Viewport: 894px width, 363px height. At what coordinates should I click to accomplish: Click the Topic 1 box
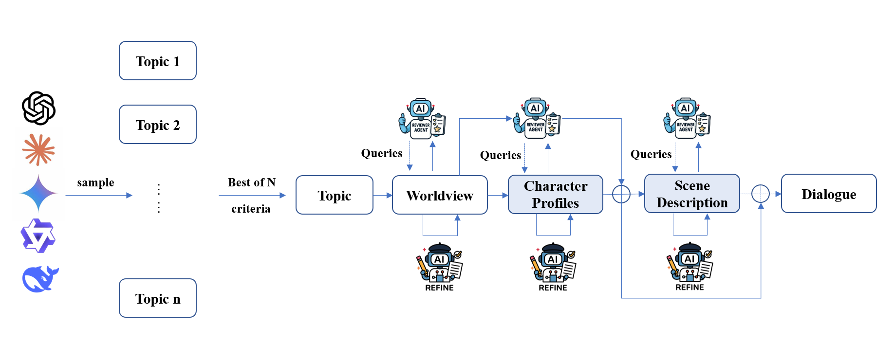click(x=158, y=61)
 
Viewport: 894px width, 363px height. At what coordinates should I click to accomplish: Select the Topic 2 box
click(x=158, y=125)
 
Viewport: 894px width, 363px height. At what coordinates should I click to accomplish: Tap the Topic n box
click(x=158, y=298)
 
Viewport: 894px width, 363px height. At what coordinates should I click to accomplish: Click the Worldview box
click(x=440, y=195)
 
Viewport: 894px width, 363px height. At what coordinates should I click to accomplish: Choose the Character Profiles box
click(x=556, y=195)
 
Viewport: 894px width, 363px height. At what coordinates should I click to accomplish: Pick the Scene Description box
click(x=692, y=194)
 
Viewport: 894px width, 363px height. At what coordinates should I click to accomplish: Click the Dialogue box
click(x=829, y=194)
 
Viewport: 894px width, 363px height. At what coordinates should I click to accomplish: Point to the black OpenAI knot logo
click(x=39, y=108)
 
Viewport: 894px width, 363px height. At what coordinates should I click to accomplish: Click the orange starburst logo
click(x=38, y=149)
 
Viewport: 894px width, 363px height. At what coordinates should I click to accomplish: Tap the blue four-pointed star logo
click(x=38, y=193)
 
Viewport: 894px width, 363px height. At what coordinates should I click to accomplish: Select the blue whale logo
click(x=40, y=279)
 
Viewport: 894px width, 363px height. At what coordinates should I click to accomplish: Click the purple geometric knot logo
click(x=38, y=236)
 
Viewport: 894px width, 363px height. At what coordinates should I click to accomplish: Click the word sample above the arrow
click(x=95, y=182)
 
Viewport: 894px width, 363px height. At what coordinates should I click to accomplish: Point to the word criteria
click(x=251, y=209)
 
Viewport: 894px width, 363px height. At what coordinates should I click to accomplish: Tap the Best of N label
click(x=252, y=182)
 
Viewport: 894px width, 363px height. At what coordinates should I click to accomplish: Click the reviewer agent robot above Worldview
click(x=422, y=119)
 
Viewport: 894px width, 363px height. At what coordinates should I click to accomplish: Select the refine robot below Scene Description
click(x=689, y=267)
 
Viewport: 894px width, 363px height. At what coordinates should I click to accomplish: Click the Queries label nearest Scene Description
click(x=651, y=154)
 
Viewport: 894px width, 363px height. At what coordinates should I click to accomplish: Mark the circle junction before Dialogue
click(x=761, y=194)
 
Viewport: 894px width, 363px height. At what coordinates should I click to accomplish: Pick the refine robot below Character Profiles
click(x=553, y=267)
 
